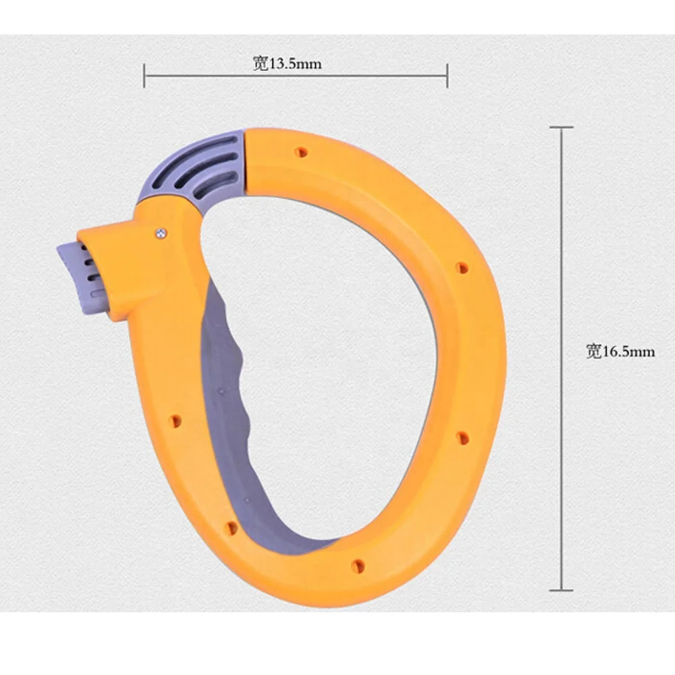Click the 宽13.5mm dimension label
point(287,64)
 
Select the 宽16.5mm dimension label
point(620,351)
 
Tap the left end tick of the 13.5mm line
point(144,75)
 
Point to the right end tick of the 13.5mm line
point(447,75)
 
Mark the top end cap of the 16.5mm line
point(561,127)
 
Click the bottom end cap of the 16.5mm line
point(561,590)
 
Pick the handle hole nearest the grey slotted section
point(301,153)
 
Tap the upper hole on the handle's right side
point(462,268)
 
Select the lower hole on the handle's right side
point(462,437)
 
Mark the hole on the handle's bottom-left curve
point(232,527)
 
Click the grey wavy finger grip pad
point(233,378)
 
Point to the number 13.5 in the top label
point(283,64)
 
